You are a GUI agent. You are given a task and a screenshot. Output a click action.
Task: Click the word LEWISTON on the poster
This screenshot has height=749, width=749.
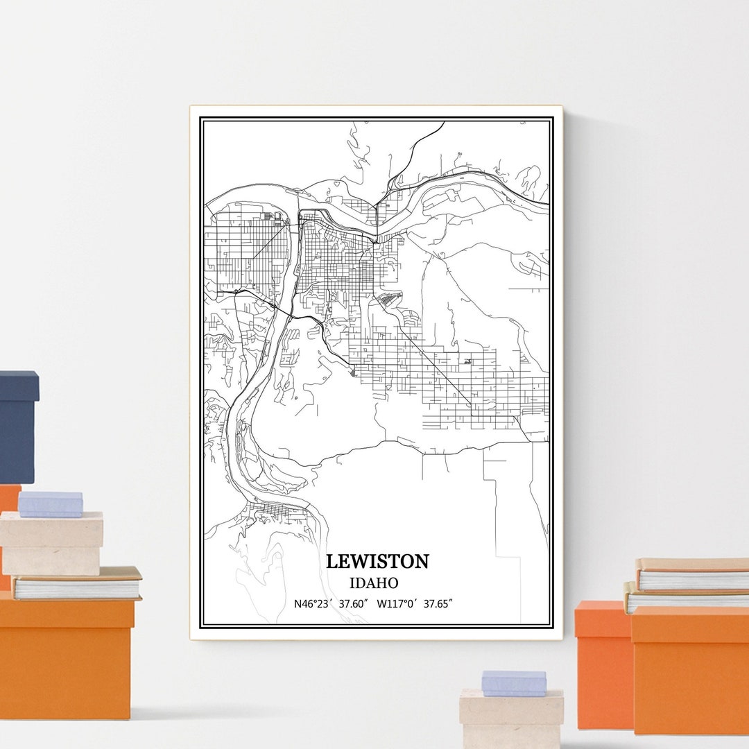point(377,561)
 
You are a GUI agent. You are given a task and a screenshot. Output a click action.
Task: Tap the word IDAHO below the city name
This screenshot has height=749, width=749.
point(374,583)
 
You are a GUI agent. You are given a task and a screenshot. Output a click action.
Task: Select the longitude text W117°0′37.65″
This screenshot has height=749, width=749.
point(414,603)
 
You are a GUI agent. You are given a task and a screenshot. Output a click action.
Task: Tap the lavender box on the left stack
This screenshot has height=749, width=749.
point(50,503)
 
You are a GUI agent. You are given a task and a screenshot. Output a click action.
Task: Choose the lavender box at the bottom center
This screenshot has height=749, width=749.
point(514,682)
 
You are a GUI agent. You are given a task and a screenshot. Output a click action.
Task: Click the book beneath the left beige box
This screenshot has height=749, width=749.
point(76,584)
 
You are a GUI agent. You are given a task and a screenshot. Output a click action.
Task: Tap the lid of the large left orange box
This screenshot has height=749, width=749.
point(66,612)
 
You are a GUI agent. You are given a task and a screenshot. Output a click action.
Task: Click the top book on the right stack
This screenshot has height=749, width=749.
point(692,574)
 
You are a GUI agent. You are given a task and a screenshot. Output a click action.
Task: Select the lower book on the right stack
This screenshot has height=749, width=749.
point(687,598)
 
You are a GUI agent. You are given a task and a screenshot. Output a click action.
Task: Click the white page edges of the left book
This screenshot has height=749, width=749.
point(76,589)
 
